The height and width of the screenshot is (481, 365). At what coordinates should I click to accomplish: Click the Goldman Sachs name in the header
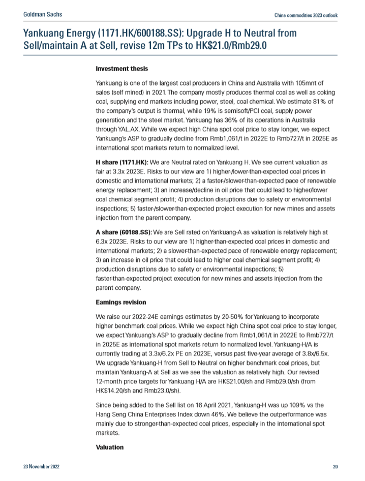click(x=43, y=14)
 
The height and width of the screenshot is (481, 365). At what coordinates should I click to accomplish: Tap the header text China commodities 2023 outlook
click(x=306, y=15)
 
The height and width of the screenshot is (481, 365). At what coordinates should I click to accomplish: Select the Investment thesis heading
click(x=122, y=68)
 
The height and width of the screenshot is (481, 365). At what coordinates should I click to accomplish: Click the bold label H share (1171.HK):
click(x=122, y=161)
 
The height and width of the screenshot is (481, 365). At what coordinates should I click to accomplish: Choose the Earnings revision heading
click(x=121, y=302)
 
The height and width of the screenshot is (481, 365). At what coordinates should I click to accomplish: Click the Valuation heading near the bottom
click(x=110, y=447)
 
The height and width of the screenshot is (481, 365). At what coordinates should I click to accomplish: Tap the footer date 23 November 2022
click(x=41, y=467)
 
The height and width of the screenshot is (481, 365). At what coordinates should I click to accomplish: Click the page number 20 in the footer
click(x=336, y=467)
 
